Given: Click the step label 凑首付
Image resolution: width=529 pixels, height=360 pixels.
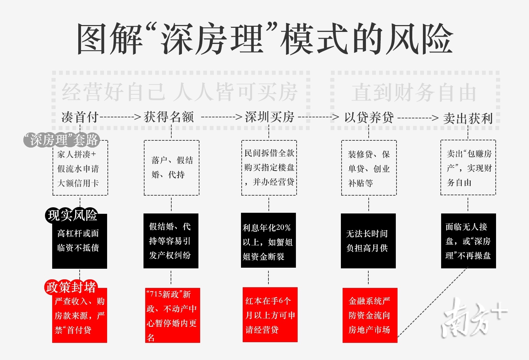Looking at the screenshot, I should pos(80,117).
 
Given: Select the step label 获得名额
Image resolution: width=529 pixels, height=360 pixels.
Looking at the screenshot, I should pos(169,117).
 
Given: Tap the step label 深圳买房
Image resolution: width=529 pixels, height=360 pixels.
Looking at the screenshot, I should pos(269,117).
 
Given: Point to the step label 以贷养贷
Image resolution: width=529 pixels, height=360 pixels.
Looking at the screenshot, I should pos(369,118).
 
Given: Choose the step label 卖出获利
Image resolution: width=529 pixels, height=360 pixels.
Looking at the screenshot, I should pos(468,119).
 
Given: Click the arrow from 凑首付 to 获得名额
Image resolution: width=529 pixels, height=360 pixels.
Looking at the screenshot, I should pos(120,117).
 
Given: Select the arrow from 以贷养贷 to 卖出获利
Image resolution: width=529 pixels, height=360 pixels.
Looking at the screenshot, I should pos(418,118).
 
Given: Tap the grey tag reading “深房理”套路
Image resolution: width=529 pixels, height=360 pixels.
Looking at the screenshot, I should pos(61,140).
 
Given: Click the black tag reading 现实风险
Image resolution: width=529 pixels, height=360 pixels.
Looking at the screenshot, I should pos(72,215).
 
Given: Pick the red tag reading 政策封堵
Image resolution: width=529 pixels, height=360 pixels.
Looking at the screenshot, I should pos(71,287).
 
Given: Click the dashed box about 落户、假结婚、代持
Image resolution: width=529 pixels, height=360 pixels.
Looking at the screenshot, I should pos(171,168).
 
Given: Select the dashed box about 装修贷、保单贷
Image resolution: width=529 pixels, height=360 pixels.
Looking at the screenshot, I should pos(369,168).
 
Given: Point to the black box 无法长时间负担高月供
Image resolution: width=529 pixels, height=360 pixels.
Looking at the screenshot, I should pos(368,241).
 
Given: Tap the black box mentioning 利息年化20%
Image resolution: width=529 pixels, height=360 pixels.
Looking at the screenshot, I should pos(268,241).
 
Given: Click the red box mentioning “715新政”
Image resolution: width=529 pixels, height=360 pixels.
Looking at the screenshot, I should pos(172,315).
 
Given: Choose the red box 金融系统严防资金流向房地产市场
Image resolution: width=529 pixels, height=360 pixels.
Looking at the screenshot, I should pos(370,315).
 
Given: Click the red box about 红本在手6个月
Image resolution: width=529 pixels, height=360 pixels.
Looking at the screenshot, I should pos(270,315).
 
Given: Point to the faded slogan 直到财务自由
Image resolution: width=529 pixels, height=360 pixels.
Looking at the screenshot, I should pos(414,93).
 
